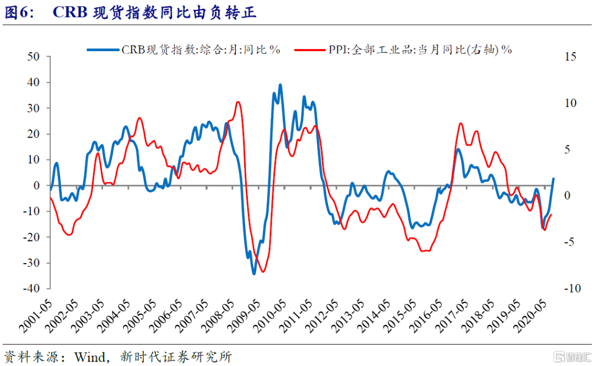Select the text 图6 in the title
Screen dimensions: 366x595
[x=17, y=13]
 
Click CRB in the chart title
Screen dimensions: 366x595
[x=69, y=13]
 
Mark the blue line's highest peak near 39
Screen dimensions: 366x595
[x=280, y=85]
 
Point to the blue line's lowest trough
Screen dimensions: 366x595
[x=254, y=274]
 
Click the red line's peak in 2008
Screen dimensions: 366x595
[x=238, y=102]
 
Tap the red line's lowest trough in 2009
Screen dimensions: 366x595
[x=263, y=271]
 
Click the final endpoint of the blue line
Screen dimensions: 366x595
[x=553, y=178]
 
